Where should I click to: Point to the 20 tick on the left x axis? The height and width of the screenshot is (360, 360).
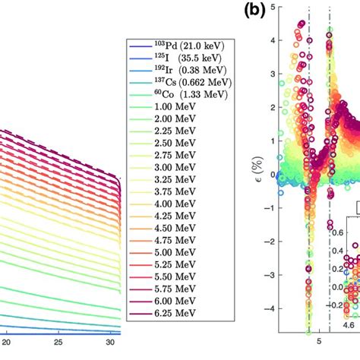point(7,343)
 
